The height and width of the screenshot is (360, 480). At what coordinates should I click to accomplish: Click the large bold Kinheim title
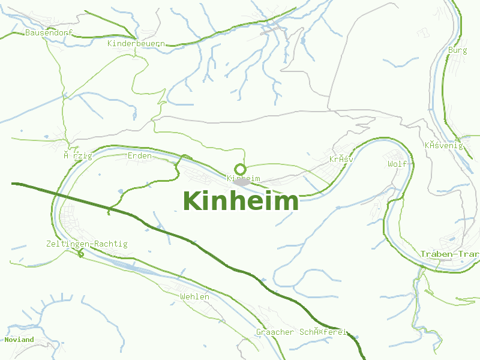[x=241, y=202]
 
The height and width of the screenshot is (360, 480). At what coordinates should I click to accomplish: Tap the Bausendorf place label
[x=49, y=32]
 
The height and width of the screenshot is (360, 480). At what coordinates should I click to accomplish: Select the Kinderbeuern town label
[x=136, y=44]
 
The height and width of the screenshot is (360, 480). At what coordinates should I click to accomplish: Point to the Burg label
[x=457, y=50]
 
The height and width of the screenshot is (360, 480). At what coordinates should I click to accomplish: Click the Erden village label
[x=140, y=156]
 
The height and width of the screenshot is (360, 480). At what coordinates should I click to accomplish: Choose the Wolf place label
[x=397, y=164]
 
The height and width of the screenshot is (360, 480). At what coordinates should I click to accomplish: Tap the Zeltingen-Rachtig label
[x=86, y=244]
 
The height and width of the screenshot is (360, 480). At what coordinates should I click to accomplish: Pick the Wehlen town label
[x=195, y=297]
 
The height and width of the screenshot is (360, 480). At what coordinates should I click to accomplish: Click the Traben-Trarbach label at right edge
[x=449, y=254]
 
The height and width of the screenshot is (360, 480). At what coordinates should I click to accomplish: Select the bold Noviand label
[x=19, y=340]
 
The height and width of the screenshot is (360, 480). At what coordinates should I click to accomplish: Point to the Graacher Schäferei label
[x=302, y=332]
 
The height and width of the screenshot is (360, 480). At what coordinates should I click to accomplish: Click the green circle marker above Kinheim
[x=241, y=169]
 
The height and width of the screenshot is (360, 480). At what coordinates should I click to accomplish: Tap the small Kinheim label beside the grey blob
[x=244, y=178]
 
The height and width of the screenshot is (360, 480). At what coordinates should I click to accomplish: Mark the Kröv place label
[x=341, y=160]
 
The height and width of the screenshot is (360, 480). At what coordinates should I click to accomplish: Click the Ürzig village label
[x=78, y=156]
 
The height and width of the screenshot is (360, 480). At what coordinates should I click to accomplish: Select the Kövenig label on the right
[x=443, y=145]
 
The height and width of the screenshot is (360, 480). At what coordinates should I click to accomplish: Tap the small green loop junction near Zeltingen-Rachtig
[x=80, y=254]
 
